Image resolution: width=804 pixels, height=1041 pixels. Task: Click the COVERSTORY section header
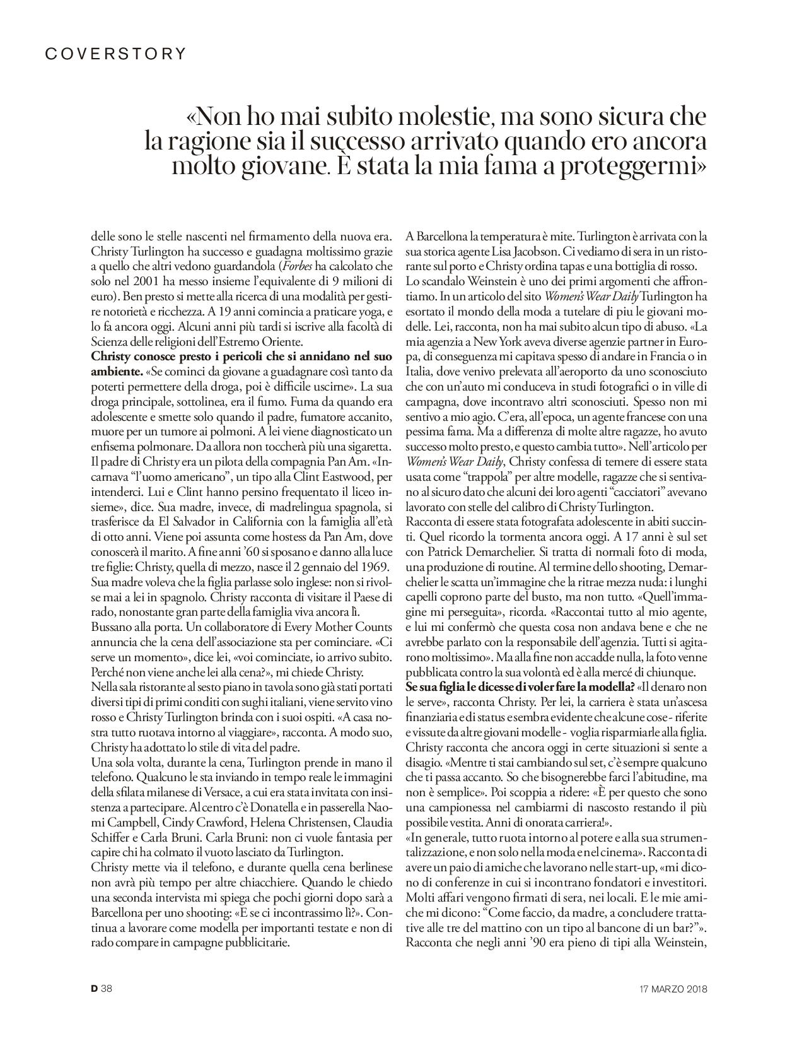pyautogui.click(x=116, y=54)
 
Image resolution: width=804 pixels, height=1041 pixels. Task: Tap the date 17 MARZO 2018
pyautogui.click(x=669, y=989)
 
